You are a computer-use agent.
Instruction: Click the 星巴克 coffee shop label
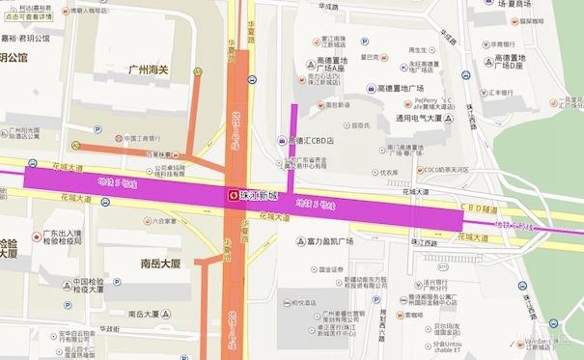[x=370, y=56]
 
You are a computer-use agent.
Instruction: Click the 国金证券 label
[x=332, y=270]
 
